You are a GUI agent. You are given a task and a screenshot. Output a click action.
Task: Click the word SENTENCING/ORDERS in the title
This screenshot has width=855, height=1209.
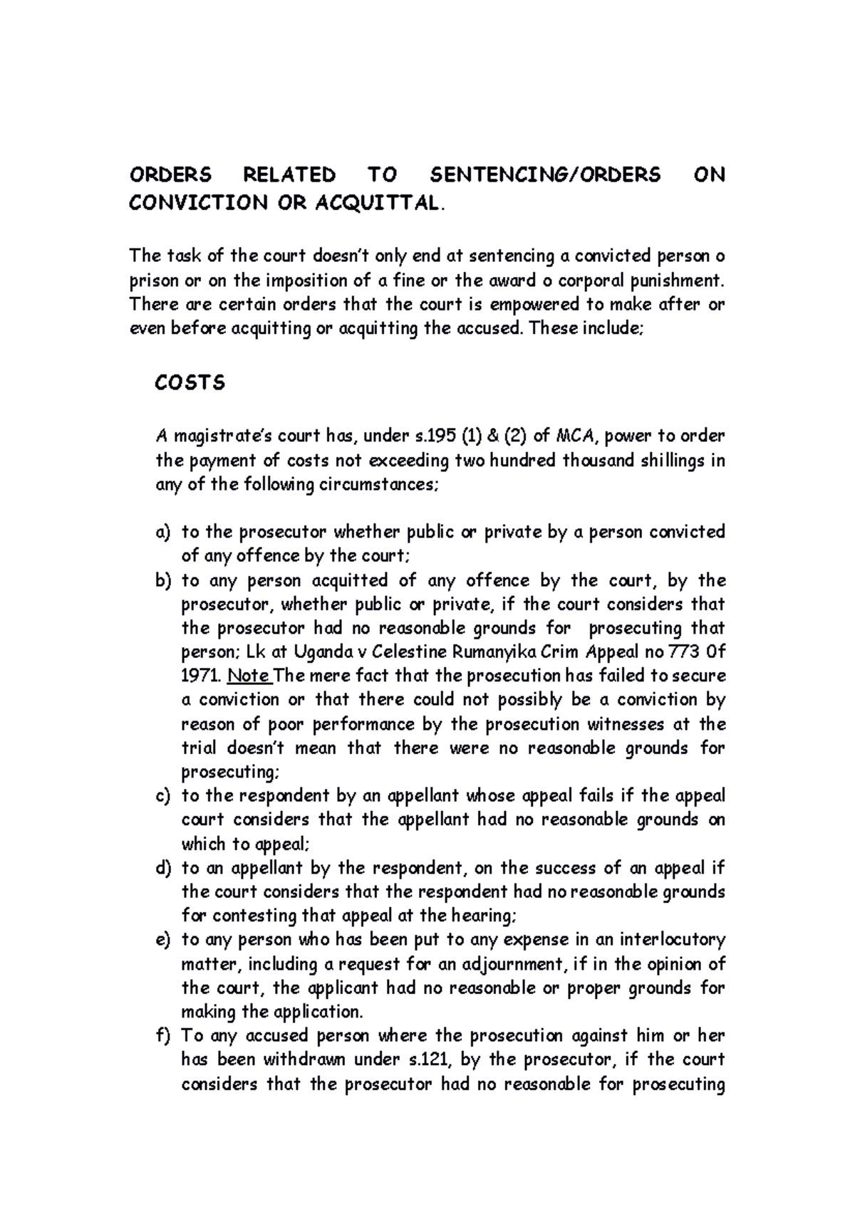pyautogui.click(x=546, y=175)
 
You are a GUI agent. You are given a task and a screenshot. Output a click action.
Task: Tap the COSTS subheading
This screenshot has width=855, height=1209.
pyautogui.click(x=190, y=383)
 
